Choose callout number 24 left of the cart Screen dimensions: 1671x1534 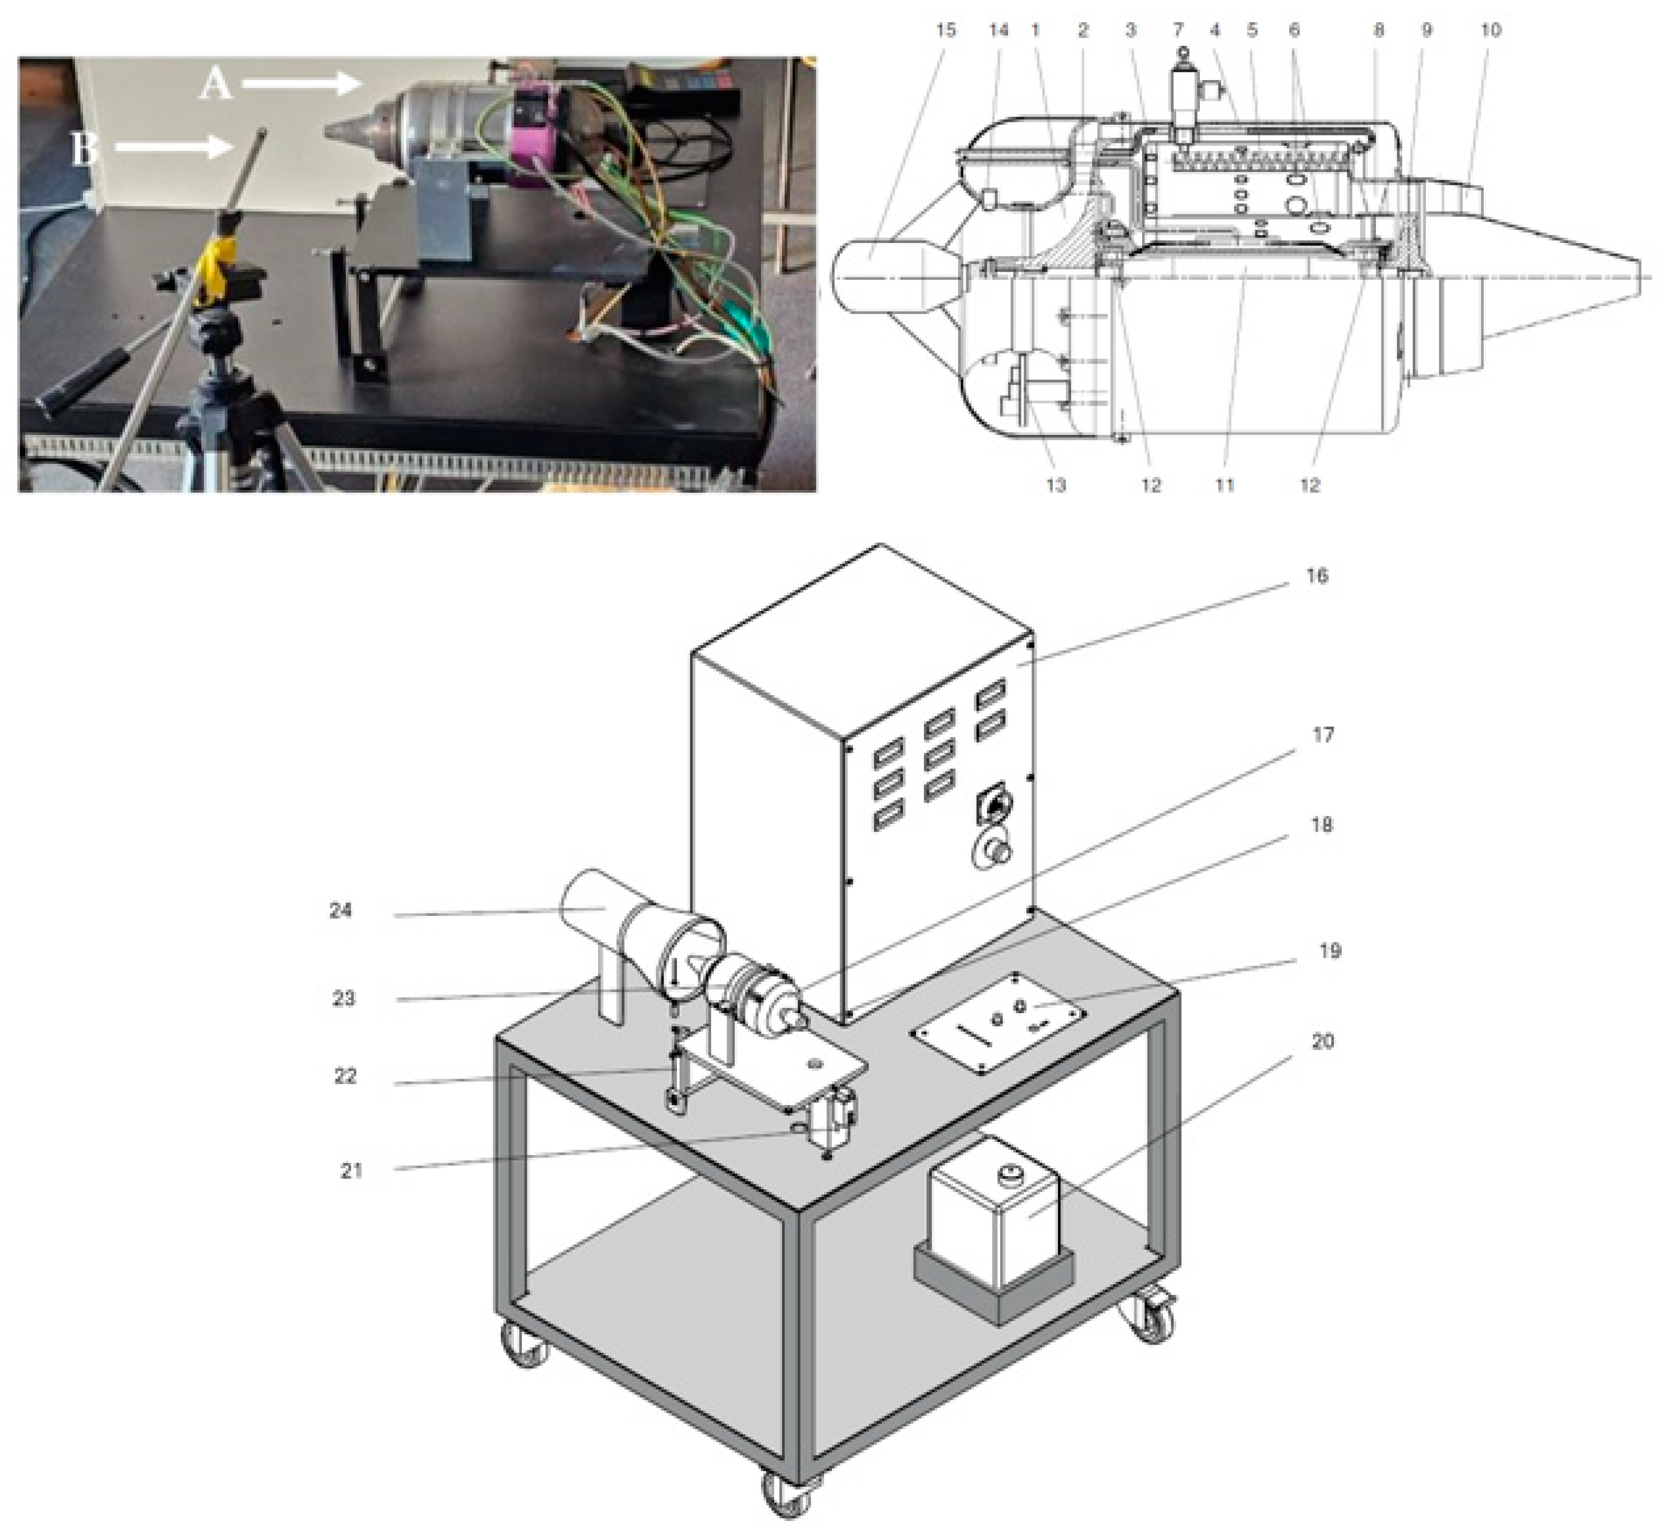(340, 910)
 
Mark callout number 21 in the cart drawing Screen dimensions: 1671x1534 (352, 1171)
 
